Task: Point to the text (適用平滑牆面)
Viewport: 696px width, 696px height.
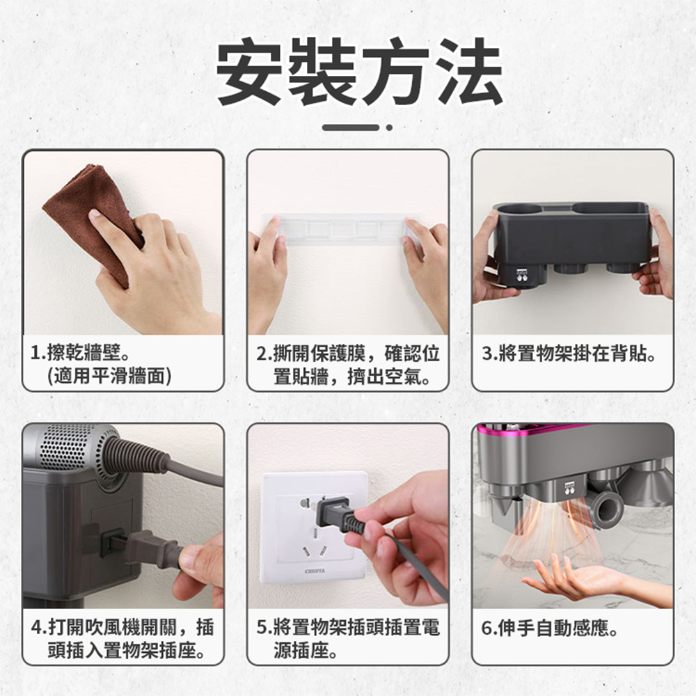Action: pos(108,377)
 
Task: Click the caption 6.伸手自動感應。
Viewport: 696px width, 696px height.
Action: pos(550,629)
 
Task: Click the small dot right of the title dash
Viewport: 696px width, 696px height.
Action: pos(389,127)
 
